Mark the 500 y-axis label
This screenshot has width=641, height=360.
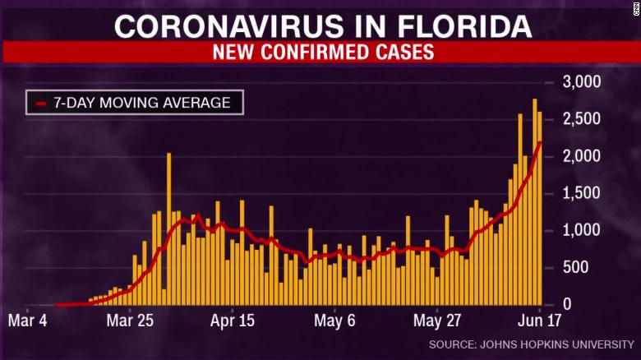coord(587,268)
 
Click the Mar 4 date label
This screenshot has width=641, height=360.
coord(31,321)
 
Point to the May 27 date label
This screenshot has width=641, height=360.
coord(439,321)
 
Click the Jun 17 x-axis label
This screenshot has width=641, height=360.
coord(534,321)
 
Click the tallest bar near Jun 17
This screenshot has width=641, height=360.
coord(535,201)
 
